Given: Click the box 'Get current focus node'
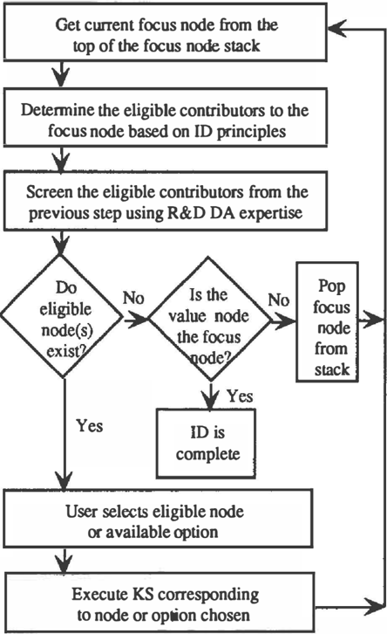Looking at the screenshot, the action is [x=165, y=32].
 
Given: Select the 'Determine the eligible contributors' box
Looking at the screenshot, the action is [x=165, y=118].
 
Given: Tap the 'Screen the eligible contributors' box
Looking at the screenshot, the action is [x=165, y=202].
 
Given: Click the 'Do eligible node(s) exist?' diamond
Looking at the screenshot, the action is [x=62, y=317].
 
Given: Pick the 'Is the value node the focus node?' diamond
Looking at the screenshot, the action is [x=210, y=319].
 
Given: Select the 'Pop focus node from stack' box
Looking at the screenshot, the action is [x=327, y=322].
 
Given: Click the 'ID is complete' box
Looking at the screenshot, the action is [x=207, y=444].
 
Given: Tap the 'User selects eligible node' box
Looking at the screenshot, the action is [x=158, y=519].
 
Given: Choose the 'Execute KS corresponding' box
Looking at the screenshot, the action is [x=160, y=602].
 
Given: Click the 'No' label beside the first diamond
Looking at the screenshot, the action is [x=133, y=298].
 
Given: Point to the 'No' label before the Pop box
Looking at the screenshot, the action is [x=279, y=300].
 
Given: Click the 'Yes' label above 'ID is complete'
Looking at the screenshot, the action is [x=240, y=396].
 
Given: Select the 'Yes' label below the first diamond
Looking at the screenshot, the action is [x=90, y=426].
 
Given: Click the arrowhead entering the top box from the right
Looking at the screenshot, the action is [x=337, y=29].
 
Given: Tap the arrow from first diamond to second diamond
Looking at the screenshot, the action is [x=136, y=320].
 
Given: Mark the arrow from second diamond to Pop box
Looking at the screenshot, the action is [x=283, y=320].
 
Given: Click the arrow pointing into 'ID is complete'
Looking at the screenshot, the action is [x=210, y=396].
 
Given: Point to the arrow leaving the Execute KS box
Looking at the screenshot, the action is [x=350, y=607].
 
